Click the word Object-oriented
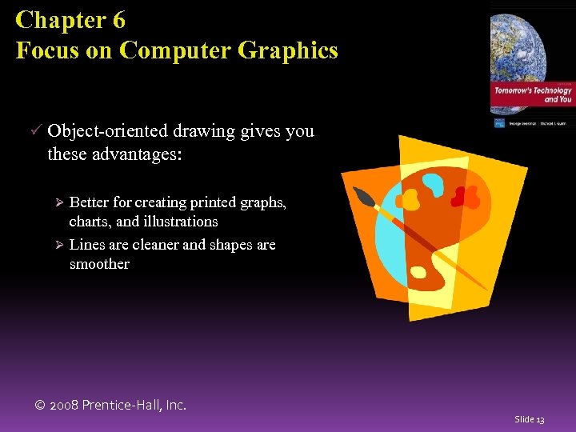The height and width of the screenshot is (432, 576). coord(102,131)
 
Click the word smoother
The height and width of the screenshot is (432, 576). coord(99,264)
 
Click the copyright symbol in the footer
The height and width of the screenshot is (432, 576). coord(40,406)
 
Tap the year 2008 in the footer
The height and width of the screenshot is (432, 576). coord(65,406)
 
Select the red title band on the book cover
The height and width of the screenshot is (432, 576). coord(532,95)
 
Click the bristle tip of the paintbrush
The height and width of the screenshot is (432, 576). coord(361,197)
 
